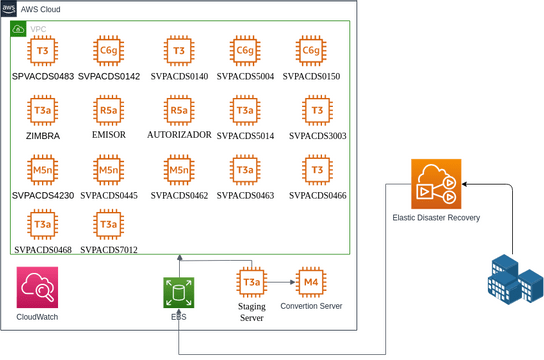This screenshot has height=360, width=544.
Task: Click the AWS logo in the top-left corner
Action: tap(9, 8)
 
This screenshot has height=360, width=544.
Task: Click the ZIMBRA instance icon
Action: tap(43, 110)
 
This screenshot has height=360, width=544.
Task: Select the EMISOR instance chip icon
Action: tap(109, 110)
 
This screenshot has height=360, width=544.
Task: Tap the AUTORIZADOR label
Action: tap(179, 134)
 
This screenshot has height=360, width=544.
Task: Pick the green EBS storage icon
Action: tap(179, 292)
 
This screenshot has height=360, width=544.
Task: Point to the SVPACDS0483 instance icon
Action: tap(43, 50)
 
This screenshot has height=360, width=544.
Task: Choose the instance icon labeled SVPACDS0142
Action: tap(109, 50)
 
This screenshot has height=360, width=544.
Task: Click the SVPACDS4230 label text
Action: tap(43, 196)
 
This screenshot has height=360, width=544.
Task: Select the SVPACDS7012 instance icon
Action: tap(109, 225)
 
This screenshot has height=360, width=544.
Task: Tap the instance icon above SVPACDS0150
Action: tap(311, 50)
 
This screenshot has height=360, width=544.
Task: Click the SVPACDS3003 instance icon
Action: tap(317, 110)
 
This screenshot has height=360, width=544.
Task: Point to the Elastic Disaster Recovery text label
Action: tap(436, 217)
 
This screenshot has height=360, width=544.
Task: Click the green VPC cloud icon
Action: tap(18, 29)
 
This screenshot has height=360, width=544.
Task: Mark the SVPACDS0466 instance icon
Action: tap(317, 171)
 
